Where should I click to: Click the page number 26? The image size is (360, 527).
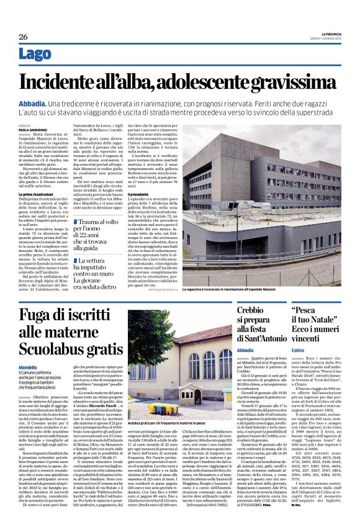coord(24,37)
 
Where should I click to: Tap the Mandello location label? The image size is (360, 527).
coord(28,368)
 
